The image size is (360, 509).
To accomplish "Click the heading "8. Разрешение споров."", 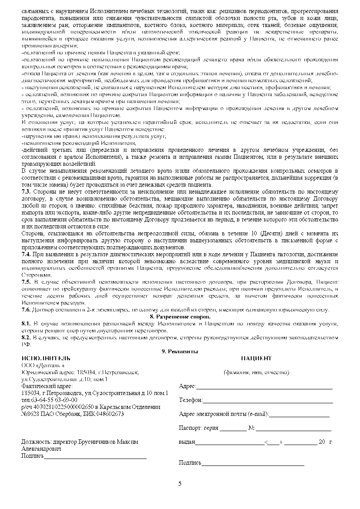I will (x=180, y=317).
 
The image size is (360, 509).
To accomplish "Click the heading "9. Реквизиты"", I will (x=180, y=351).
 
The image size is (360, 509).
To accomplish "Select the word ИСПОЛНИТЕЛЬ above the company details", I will (x=46, y=358).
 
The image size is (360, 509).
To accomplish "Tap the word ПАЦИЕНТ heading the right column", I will (x=256, y=358).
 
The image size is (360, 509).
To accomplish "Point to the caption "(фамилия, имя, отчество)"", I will (x=256, y=372).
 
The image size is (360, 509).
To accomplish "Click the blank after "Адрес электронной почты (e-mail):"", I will (x=299, y=414).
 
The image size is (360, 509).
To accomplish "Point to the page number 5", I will (x=180, y=483).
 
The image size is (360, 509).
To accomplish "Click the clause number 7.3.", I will (x=26, y=191).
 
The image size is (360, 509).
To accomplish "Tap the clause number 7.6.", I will (x=26, y=310).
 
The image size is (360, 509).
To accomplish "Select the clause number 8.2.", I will (x=26, y=337).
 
